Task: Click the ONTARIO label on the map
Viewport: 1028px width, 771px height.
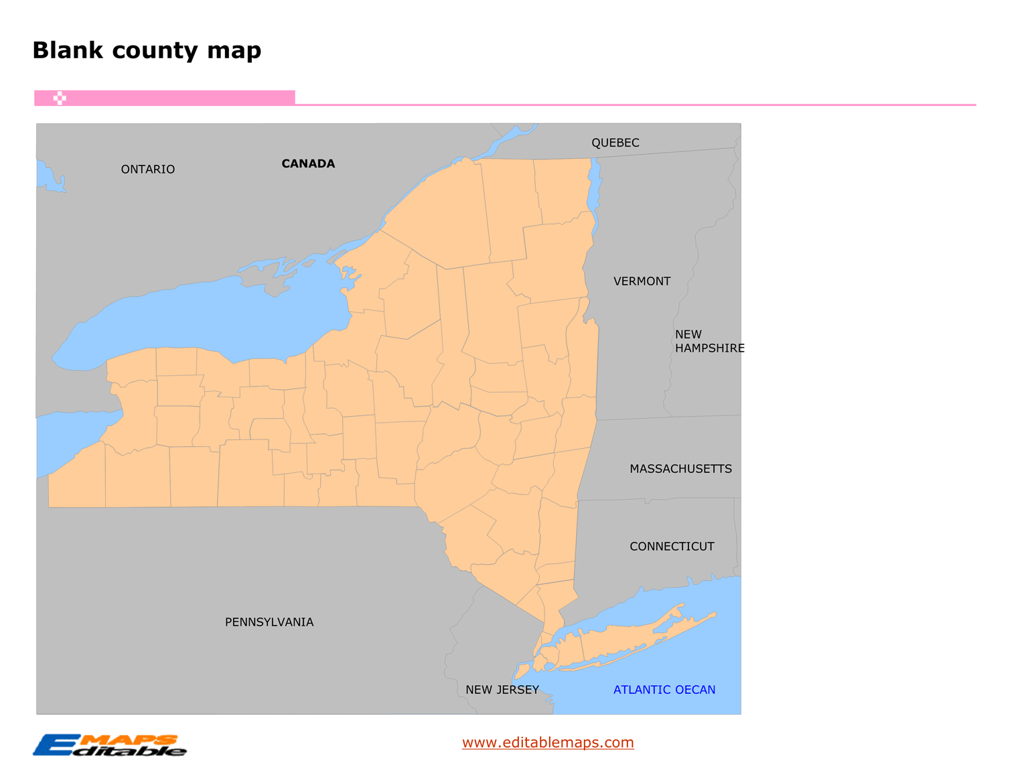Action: (x=147, y=169)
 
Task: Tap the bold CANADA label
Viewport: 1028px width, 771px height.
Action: (x=308, y=163)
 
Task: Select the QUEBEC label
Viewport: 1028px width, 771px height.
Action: (x=615, y=143)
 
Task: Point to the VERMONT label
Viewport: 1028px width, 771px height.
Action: (x=642, y=281)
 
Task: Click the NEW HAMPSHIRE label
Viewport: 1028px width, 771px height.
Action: (x=709, y=341)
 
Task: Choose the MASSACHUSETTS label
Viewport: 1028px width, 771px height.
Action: (x=680, y=469)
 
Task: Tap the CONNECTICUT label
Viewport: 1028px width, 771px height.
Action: (x=672, y=547)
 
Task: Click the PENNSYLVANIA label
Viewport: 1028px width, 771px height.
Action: (x=269, y=622)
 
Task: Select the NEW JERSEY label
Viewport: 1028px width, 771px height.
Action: (x=502, y=690)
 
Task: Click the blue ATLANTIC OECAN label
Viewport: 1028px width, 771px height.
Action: (x=664, y=690)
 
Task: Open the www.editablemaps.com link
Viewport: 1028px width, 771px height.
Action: (x=548, y=742)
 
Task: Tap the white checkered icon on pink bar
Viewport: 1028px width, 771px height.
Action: (x=60, y=98)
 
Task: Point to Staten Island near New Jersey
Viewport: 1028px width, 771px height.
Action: (x=522, y=671)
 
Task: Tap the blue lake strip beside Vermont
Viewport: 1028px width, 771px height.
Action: (x=594, y=194)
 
